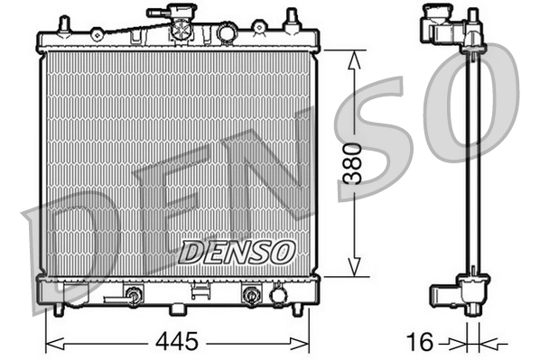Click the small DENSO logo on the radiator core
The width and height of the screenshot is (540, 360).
237,252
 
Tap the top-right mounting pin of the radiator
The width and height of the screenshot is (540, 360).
292,18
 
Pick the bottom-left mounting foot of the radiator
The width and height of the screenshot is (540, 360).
59,309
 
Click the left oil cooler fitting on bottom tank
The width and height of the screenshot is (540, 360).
135,295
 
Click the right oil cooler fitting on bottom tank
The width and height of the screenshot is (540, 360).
250,295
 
